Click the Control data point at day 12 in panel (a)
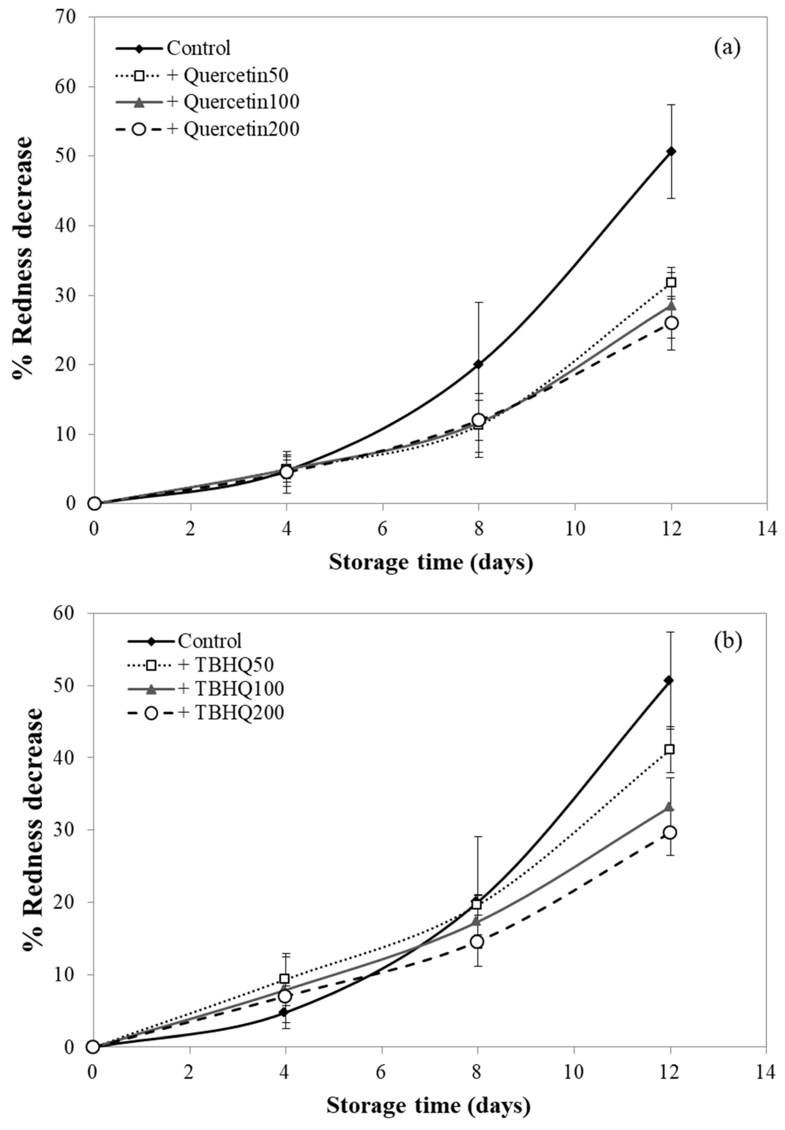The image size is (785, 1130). click(670, 151)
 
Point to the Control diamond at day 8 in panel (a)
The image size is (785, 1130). click(478, 364)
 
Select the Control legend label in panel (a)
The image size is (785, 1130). click(198, 48)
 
